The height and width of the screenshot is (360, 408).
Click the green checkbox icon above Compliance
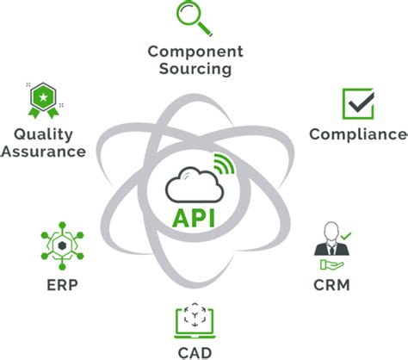tap(357, 105)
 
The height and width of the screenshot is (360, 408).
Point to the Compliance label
tap(357, 134)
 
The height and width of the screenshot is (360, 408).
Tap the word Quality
tap(44, 134)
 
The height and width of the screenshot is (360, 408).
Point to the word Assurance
tap(44, 152)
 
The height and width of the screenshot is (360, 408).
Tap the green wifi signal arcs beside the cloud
tap(224, 164)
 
